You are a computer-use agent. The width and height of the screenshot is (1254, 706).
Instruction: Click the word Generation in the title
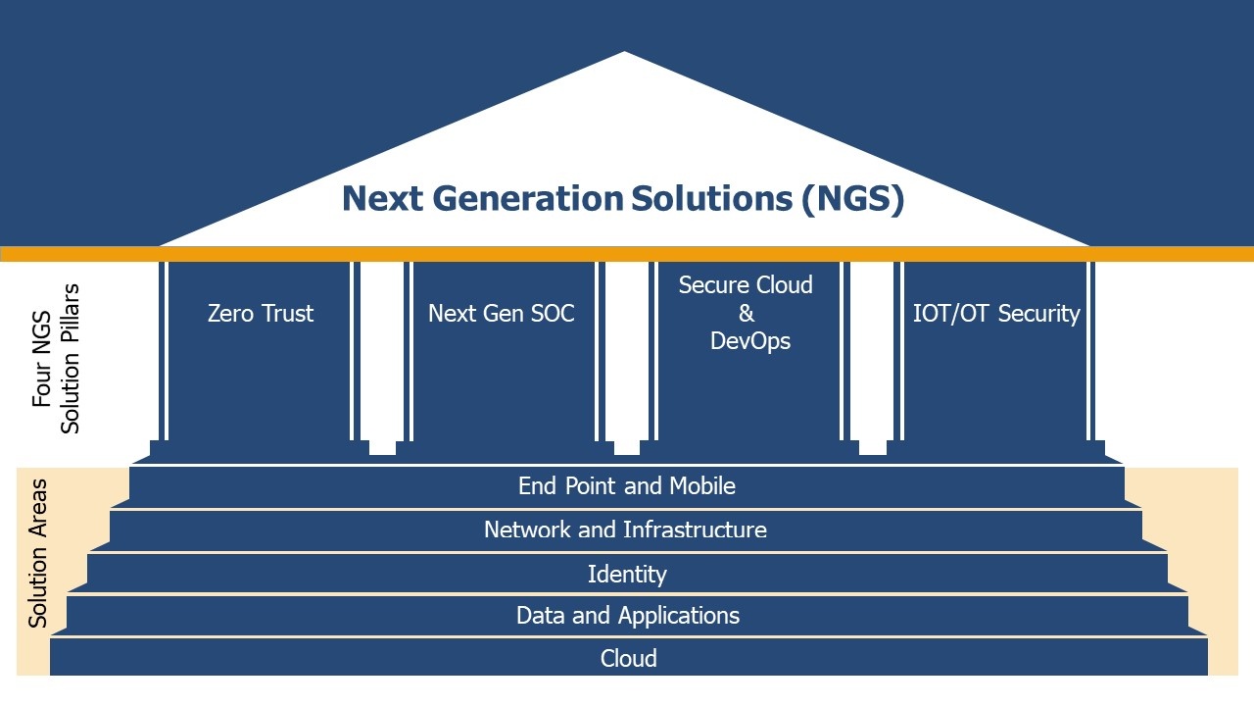point(527,199)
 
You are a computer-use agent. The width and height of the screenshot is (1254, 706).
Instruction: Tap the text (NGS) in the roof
point(851,199)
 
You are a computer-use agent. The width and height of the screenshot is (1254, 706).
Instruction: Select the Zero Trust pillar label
point(261,314)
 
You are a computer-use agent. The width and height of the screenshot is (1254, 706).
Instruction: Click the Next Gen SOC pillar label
point(501,314)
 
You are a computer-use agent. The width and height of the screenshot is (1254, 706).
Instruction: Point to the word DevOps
point(749,341)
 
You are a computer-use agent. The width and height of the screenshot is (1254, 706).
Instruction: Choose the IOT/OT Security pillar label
point(995,314)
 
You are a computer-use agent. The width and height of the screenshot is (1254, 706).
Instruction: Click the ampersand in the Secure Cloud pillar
point(747,314)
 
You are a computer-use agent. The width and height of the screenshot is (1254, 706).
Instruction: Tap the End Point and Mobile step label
point(626,485)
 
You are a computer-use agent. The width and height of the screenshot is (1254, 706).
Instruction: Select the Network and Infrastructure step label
point(625,529)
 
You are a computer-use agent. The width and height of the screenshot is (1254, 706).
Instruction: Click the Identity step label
point(627,574)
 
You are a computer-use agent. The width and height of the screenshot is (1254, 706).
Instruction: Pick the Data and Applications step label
point(627,616)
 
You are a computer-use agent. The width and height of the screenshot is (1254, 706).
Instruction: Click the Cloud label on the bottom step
point(628,658)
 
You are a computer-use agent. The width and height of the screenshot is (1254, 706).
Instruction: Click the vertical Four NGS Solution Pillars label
point(56,359)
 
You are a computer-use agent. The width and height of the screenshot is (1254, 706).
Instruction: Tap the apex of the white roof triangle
point(625,54)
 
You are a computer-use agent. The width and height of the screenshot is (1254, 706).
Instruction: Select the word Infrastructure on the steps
point(695,529)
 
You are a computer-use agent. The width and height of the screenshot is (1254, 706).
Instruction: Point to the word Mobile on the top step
point(701,485)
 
